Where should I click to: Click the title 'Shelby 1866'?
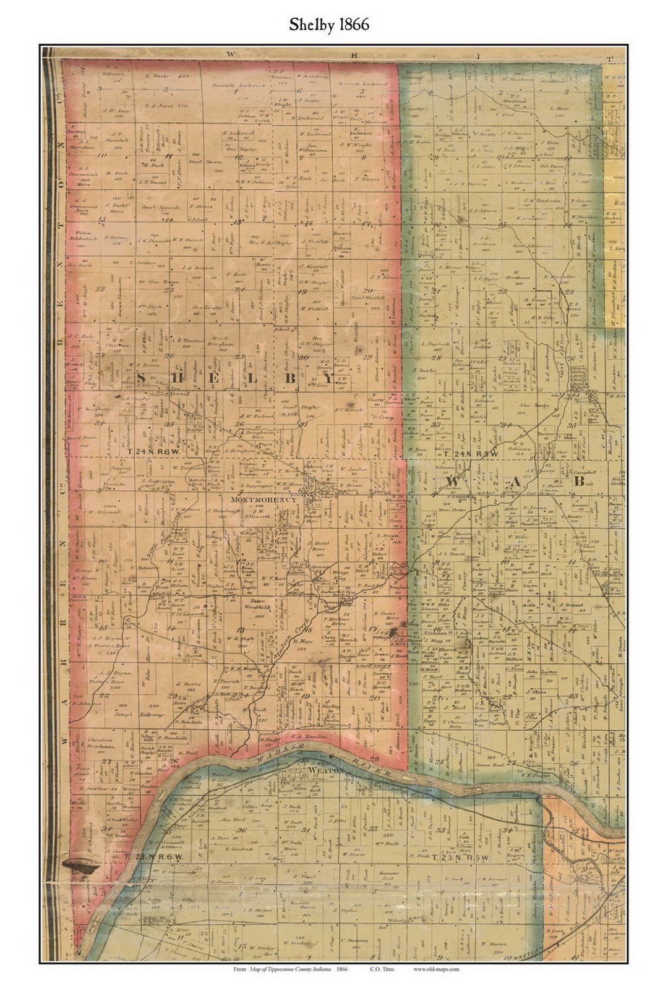(x=329, y=24)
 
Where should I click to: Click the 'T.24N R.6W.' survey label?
(x=154, y=452)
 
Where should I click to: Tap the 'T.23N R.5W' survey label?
(x=461, y=858)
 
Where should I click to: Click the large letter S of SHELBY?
(x=140, y=378)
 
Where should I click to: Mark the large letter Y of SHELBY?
(x=326, y=378)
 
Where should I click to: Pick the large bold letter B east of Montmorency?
(x=580, y=480)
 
